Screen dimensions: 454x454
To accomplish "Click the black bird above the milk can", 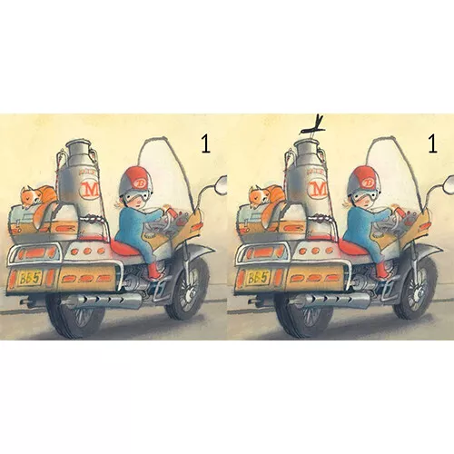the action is (x=313, y=127).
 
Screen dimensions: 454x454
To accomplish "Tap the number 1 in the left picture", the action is (x=205, y=144).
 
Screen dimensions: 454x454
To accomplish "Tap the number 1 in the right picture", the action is (x=433, y=144).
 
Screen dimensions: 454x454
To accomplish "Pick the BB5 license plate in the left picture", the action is (x=29, y=279).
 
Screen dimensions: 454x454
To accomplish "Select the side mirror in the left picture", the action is (x=220, y=184).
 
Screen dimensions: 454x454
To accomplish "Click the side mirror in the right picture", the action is (x=448, y=184).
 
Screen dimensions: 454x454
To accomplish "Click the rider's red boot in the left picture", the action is (x=153, y=271).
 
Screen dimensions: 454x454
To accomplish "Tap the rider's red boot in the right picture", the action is (x=381, y=271).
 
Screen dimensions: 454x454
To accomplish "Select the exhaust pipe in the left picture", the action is (x=102, y=301).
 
